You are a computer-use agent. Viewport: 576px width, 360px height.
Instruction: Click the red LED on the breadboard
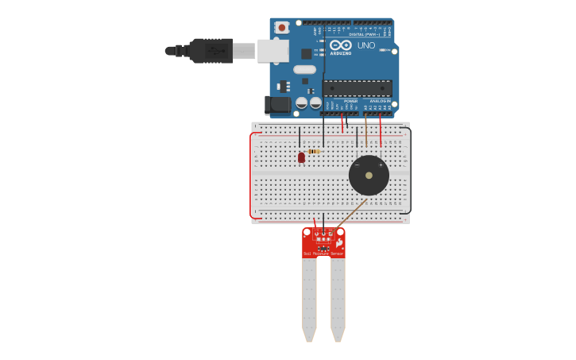pos(301,157)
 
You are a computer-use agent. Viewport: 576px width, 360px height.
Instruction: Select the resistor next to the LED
pos(314,151)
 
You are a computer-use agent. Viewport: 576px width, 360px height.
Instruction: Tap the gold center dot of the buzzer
pos(369,175)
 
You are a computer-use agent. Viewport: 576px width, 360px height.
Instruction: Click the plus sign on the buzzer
pos(381,165)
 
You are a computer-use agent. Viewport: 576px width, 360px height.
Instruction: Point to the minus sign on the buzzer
pos(357,165)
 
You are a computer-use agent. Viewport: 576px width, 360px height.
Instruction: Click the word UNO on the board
pos(366,45)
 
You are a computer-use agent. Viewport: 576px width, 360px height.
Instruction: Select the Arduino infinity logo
pos(341,45)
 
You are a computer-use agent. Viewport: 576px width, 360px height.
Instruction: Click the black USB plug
pos(211,51)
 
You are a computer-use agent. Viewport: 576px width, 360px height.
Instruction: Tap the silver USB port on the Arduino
pos(273,51)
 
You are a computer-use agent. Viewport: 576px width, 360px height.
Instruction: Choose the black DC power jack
pos(276,104)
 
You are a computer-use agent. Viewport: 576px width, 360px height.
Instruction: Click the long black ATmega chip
pos(357,88)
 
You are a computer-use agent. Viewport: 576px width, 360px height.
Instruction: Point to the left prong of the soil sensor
pos(309,298)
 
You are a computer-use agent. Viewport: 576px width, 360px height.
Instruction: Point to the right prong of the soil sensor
pos(338,298)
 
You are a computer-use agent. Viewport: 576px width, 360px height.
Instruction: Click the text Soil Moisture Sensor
pos(323,254)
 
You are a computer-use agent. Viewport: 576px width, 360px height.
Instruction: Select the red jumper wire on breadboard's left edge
pos(251,175)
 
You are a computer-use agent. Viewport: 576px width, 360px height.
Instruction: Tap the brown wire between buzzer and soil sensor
pos(351,213)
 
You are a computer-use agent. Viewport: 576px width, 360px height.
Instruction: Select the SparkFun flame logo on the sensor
pos(340,242)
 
